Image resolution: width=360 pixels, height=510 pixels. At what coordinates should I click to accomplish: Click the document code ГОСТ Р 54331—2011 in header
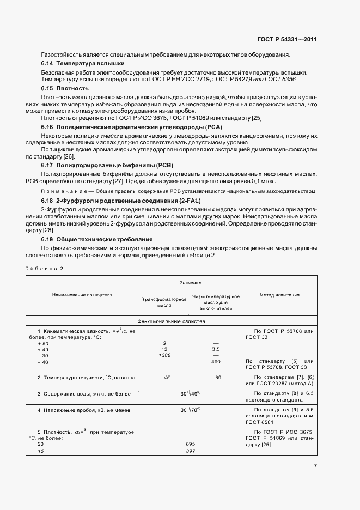(287, 39)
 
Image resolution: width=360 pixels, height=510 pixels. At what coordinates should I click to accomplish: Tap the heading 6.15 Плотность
(65, 88)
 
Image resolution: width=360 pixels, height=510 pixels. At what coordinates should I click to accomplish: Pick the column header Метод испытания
(279, 295)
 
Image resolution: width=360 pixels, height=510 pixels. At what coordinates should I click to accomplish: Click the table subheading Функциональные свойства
(171, 321)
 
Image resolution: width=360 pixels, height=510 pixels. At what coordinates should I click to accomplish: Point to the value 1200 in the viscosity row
(164, 355)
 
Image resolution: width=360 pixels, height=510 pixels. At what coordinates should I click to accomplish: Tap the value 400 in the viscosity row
(215, 361)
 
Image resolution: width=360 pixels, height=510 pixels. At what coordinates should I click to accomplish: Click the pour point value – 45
(164, 378)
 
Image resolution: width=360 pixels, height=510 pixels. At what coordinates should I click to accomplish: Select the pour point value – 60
(215, 378)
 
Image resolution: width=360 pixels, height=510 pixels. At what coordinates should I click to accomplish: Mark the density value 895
(190, 444)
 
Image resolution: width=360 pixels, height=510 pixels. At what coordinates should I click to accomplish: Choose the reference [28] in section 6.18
(48, 230)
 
